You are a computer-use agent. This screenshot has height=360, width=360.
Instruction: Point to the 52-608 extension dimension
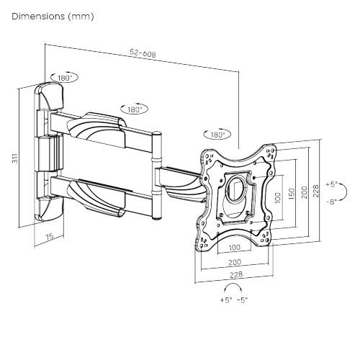(143, 54)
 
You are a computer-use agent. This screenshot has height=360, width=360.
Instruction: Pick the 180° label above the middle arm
(135, 109)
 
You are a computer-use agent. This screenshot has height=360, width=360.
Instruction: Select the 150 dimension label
(290, 195)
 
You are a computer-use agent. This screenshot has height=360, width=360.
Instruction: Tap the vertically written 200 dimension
(305, 192)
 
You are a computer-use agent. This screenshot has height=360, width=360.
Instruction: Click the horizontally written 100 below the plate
(235, 248)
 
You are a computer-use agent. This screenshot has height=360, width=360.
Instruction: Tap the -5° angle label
(243, 300)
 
